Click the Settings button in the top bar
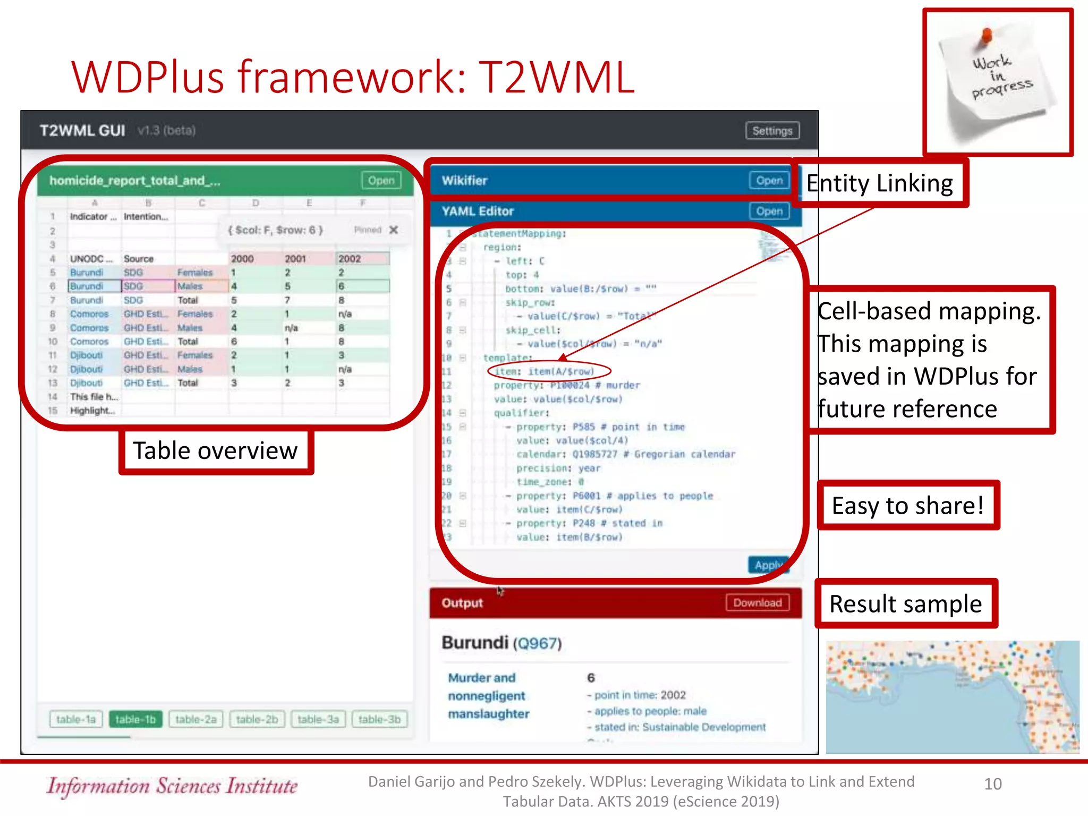click(772, 131)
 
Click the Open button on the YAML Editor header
click(769, 211)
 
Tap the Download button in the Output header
click(757, 603)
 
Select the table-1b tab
click(135, 719)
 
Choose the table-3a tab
click(318, 719)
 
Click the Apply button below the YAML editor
click(768, 565)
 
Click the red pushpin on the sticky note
click(986, 35)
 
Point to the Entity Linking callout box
click(879, 183)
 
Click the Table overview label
click(215, 451)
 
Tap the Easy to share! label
click(907, 505)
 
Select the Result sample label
click(905, 604)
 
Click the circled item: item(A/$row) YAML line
click(548, 371)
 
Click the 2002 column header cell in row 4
click(362, 259)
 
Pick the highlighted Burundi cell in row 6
click(93, 286)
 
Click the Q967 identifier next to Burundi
click(537, 644)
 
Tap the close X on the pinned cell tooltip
click(393, 230)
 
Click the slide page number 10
click(992, 784)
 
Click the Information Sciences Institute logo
click(172, 786)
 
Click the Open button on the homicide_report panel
click(381, 181)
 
